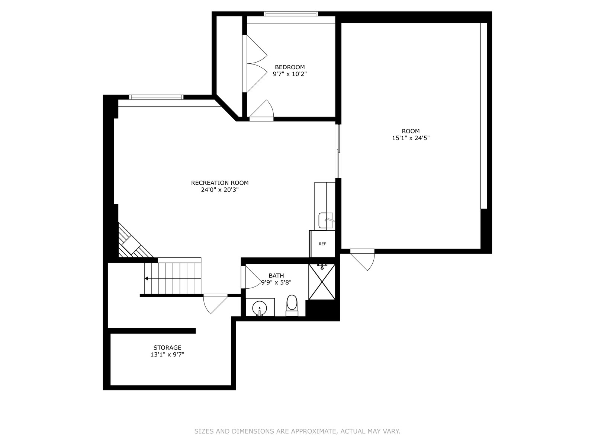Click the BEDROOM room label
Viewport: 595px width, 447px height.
(289, 67)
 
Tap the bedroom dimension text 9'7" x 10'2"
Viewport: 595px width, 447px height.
(289, 74)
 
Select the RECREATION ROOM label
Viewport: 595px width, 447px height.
(219, 183)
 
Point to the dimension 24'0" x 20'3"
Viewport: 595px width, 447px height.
(219, 190)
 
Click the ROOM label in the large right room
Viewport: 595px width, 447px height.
(411, 131)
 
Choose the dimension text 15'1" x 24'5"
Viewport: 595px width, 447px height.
(411, 138)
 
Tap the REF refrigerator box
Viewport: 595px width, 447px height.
(322, 244)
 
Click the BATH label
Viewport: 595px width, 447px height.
(276, 276)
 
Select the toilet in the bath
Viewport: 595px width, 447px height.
(292, 305)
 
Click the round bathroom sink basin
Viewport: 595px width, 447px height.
(260, 308)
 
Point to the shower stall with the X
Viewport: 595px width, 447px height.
(322, 282)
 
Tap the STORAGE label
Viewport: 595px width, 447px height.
(167, 348)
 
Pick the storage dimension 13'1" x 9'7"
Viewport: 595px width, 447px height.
(167, 355)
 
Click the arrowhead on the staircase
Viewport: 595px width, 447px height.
(146, 279)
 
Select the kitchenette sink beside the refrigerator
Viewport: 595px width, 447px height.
(327, 221)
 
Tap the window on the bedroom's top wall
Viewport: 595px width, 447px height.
(291, 14)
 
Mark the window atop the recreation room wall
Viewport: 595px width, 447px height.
(156, 97)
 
